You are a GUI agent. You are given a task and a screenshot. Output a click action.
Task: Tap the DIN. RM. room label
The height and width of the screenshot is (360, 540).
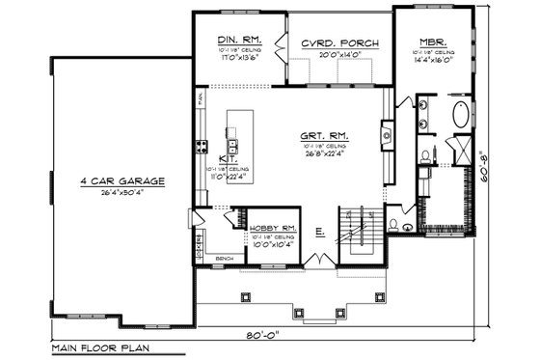[x=235, y=42]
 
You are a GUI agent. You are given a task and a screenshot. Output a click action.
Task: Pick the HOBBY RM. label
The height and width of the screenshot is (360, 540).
[x=272, y=228]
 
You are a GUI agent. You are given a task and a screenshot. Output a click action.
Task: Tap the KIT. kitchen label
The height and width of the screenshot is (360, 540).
[x=229, y=156]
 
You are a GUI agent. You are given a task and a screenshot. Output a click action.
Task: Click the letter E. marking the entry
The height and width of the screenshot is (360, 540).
[x=317, y=232]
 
